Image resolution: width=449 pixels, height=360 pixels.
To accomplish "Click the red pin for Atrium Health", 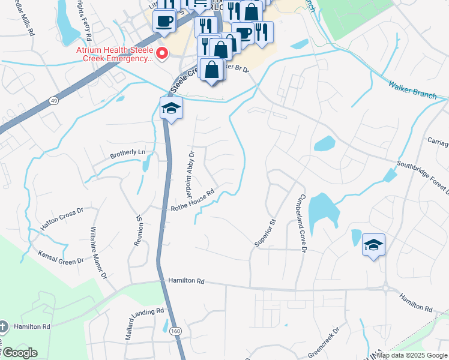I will [161, 53].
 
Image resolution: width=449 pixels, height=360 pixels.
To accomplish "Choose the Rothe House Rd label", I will [193, 201].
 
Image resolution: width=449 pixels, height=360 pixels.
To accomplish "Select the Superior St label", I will [264, 233].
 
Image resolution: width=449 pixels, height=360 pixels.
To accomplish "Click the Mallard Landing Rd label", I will [145, 323].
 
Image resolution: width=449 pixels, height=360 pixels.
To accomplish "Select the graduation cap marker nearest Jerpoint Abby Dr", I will [171, 109].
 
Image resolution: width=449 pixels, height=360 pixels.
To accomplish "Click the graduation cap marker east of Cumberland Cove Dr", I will [373, 245].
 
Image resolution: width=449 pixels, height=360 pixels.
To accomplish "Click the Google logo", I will [19, 353].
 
